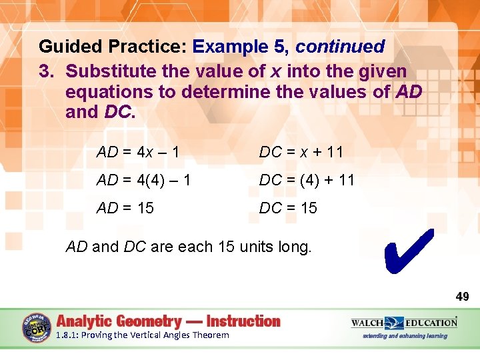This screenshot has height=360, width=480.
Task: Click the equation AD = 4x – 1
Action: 138,152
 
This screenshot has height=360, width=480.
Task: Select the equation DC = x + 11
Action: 301,152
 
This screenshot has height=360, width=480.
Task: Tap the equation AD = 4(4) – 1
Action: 143,180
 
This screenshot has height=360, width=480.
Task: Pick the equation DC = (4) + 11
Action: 307,180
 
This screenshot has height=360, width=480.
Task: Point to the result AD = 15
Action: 125,208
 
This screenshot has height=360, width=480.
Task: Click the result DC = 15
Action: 288,208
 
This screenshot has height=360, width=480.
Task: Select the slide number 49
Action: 461,296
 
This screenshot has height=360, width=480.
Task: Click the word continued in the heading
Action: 340,47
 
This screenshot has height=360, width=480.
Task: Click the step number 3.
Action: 47,70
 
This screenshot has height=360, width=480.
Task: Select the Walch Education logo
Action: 404,323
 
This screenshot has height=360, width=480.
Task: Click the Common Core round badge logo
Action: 37,328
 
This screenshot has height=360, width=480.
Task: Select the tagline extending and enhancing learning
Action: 405,336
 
